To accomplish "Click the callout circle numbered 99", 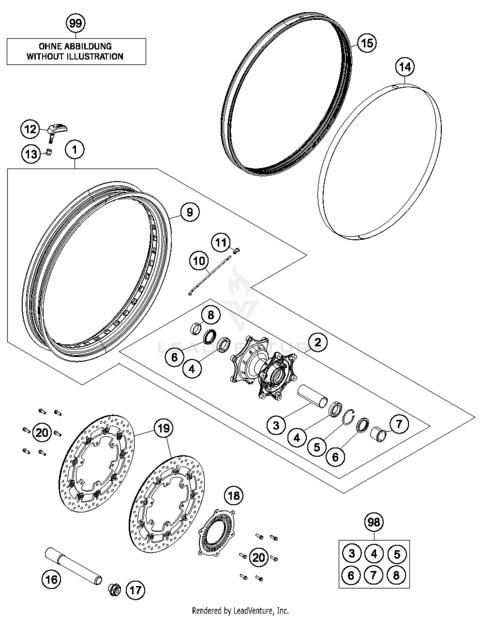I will [x=76, y=23].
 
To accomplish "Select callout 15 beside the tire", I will [x=367, y=43].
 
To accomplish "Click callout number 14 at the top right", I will [x=405, y=67].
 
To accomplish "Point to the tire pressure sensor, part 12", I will [x=58, y=129].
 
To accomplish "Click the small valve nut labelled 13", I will [x=48, y=152].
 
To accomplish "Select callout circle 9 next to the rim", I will [x=190, y=212].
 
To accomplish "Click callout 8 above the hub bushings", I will [x=210, y=315].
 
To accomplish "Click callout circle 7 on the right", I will [x=399, y=424].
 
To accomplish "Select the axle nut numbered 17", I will [x=114, y=590].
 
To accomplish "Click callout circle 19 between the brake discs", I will [x=164, y=428].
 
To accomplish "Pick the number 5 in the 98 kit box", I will [x=397, y=554].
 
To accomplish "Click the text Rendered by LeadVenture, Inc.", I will [x=240, y=610].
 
